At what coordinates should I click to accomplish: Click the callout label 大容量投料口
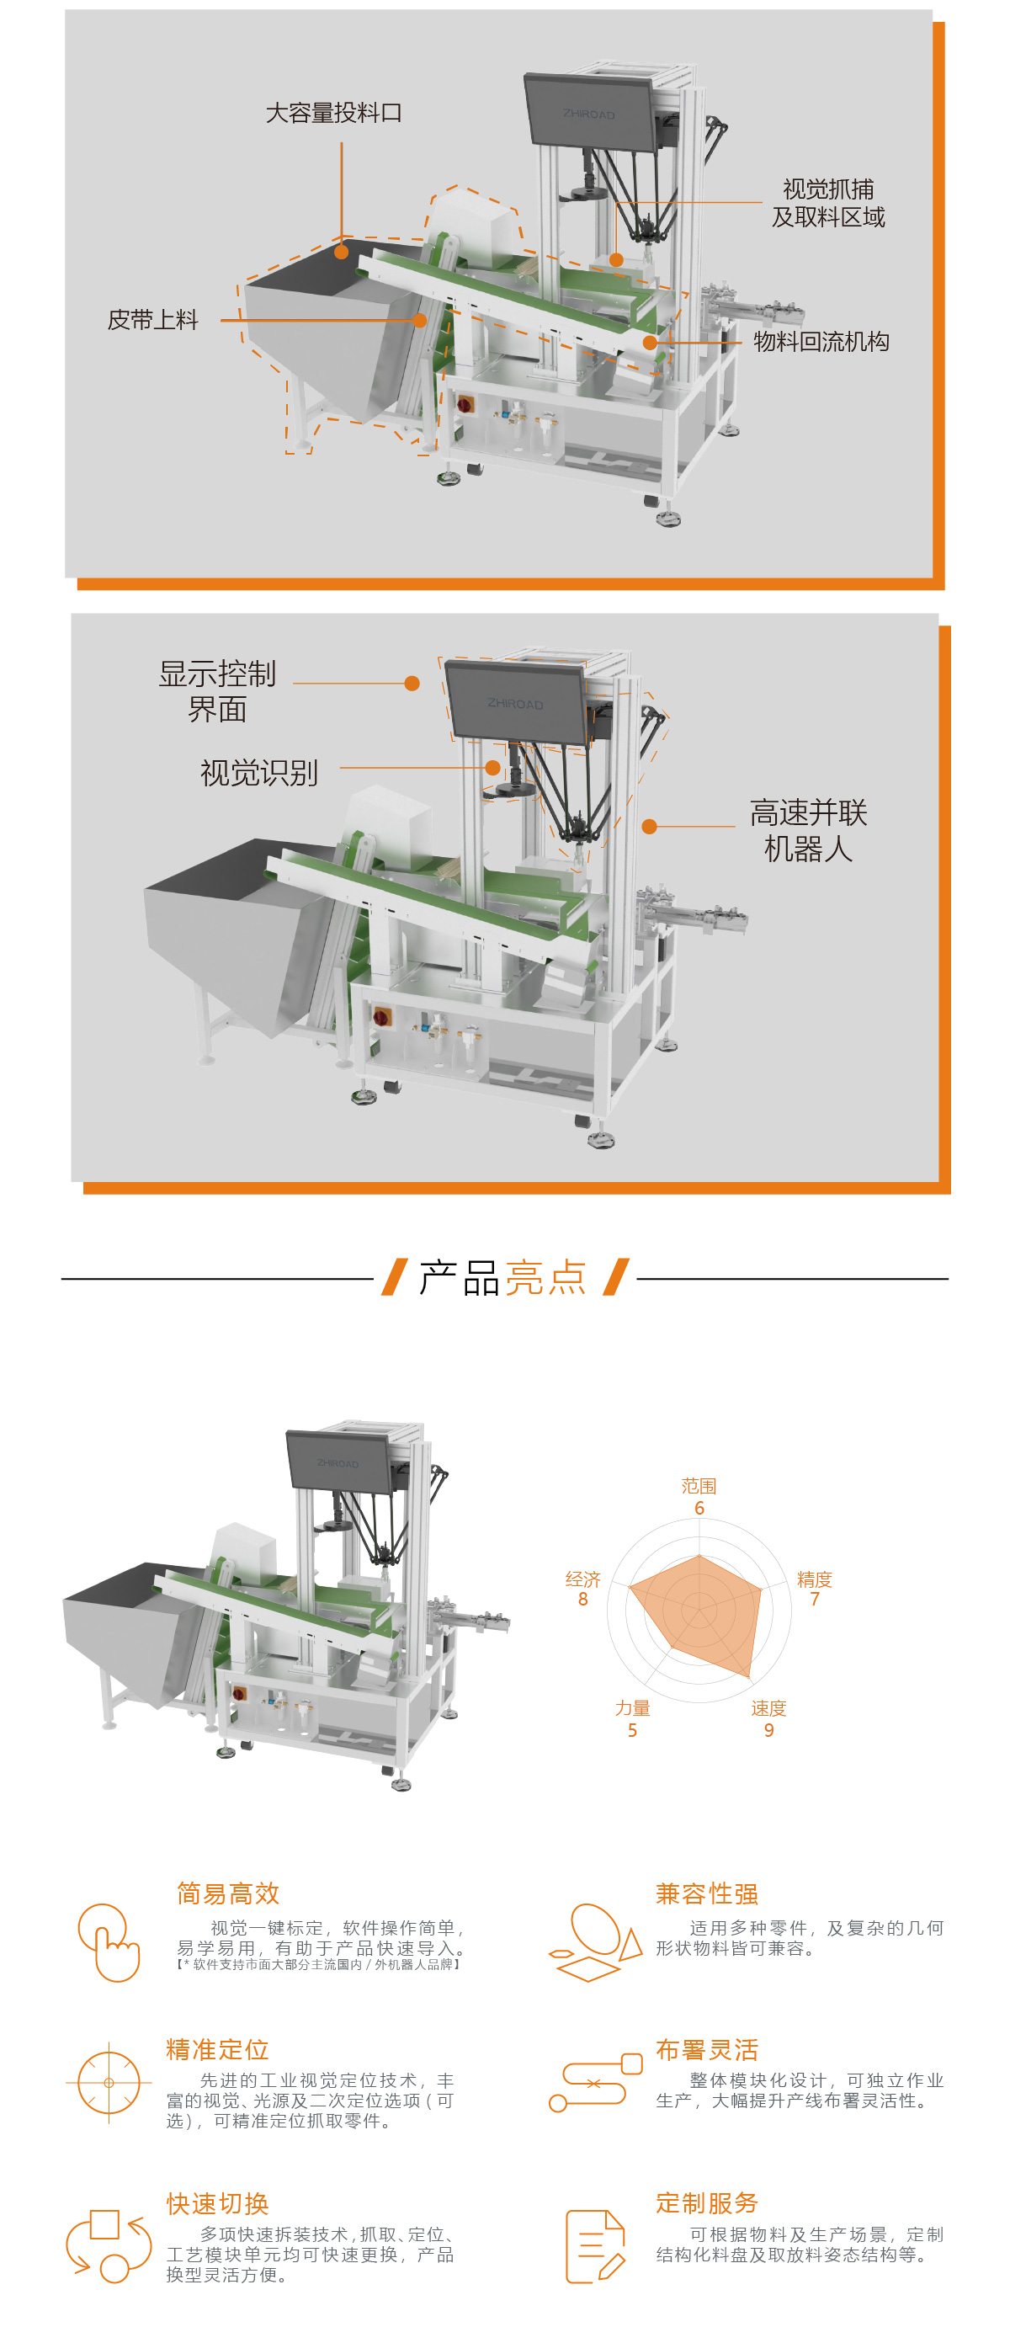coord(333,113)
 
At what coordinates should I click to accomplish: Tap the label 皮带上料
coord(152,320)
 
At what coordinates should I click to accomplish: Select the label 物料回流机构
coord(821,342)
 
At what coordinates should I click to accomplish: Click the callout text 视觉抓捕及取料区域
coord(827,203)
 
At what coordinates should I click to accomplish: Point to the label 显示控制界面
coord(217,691)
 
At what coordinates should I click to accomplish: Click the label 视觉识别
coord(258,773)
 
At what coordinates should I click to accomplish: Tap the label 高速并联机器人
coord(808,830)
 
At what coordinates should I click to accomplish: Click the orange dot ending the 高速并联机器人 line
coord(649,827)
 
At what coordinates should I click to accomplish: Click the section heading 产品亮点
coord(503,1278)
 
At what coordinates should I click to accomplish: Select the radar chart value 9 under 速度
coord(768,1730)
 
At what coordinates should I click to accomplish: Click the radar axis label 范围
coord(699,1486)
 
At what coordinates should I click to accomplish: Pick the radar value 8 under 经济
coord(582,1599)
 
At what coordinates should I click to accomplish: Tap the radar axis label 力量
coord(632,1708)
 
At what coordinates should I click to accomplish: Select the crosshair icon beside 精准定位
coord(109,2083)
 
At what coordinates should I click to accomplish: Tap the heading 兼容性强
coord(706,1893)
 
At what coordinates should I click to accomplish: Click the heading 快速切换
coord(218,2203)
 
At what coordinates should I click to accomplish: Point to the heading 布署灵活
coord(706,2050)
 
